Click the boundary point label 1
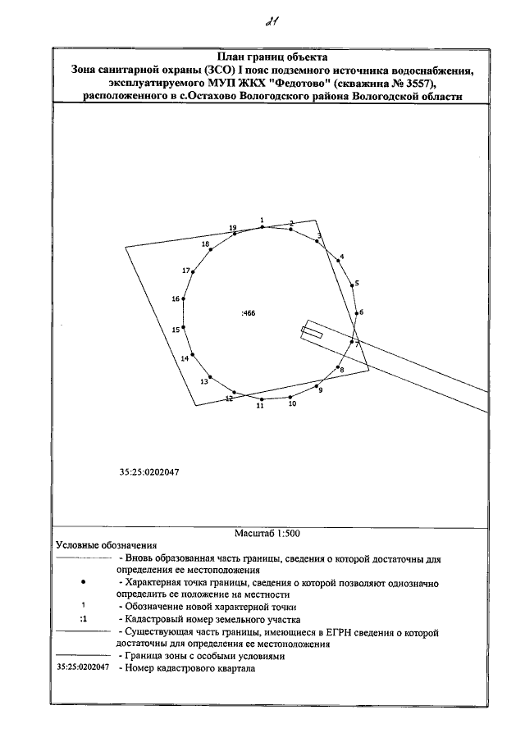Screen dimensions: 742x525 [262, 221]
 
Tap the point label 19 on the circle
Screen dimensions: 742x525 [233, 227]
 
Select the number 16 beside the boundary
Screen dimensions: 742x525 [176, 299]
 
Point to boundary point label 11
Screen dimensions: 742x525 [261, 406]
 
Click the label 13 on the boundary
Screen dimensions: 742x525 [204, 381]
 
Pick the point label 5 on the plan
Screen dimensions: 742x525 [357, 283]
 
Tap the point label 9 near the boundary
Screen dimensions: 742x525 [320, 390]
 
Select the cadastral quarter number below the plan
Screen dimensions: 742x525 [149, 472]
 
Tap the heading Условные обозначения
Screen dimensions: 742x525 [106, 545]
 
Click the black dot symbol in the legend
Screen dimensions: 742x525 [84, 581]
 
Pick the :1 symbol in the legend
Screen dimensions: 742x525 [84, 620]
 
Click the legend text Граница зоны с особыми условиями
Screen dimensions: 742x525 [203, 657]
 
